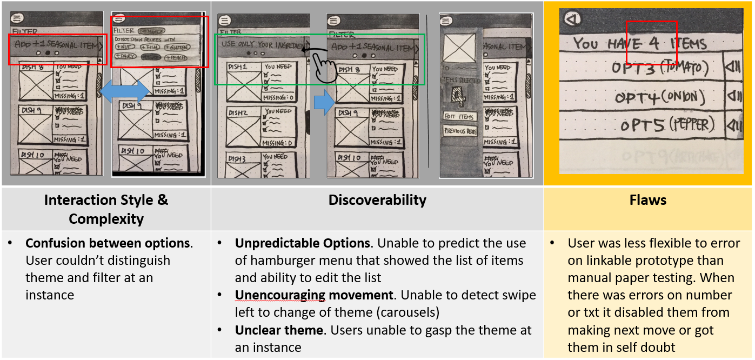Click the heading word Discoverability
coord(377,200)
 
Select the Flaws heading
coord(647,200)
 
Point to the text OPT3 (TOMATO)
coord(659,68)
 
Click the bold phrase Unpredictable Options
coord(302,243)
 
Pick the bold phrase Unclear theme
coord(273,330)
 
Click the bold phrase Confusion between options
coord(108,243)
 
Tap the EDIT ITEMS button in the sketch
coord(459,117)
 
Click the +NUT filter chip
coord(125,47)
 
